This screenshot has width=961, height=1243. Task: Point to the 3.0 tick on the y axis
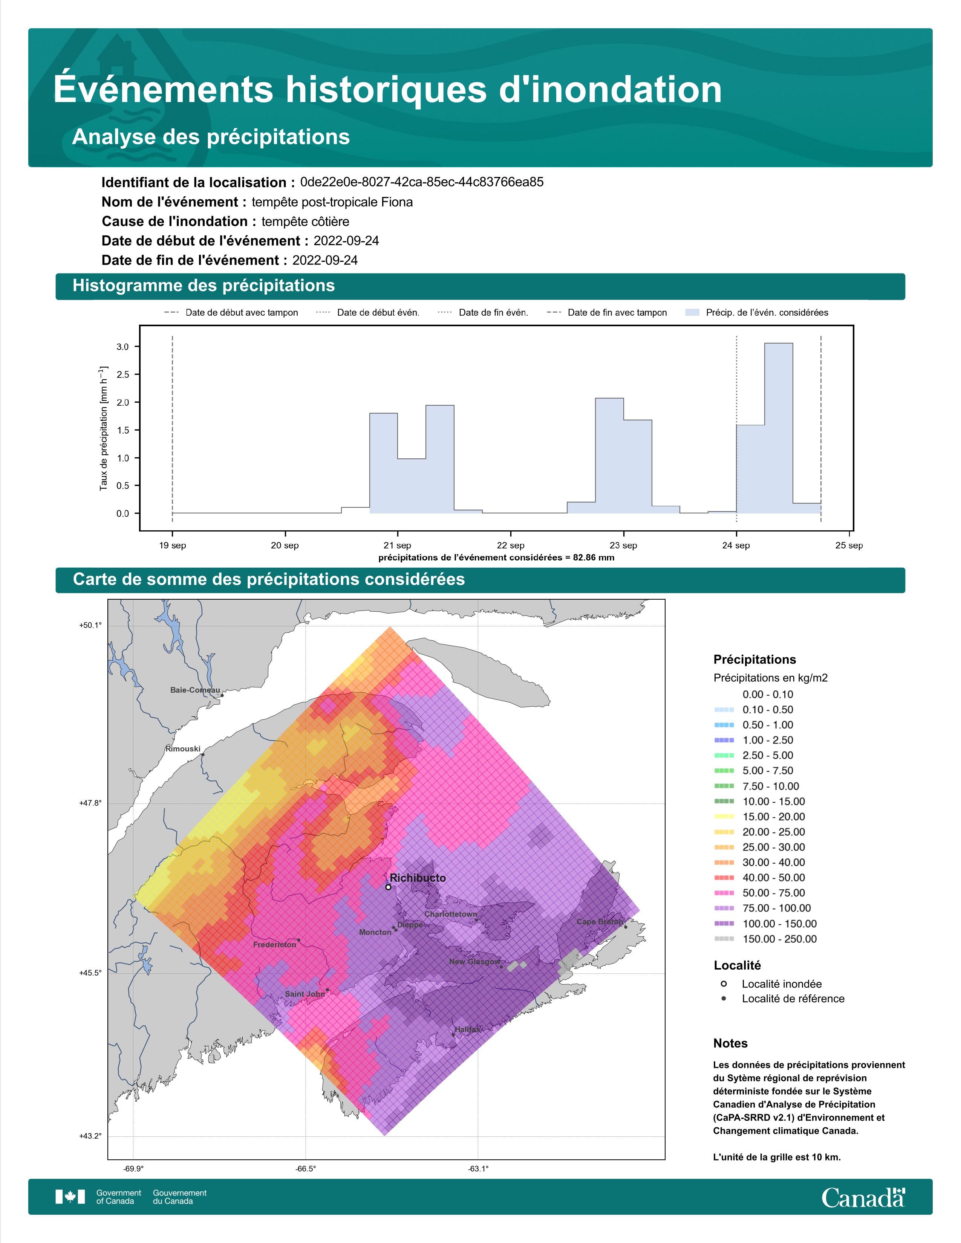click(122, 347)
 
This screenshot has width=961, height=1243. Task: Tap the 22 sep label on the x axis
click(510, 545)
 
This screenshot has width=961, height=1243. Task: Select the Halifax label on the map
click(467, 1029)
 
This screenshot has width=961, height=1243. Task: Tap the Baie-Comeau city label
click(195, 690)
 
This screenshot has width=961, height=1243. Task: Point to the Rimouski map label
click(183, 748)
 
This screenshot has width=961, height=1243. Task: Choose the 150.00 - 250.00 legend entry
click(765, 939)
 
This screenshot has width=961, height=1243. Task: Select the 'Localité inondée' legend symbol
click(724, 983)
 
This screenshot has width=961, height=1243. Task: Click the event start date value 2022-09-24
click(346, 241)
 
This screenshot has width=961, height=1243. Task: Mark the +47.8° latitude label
click(90, 803)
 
